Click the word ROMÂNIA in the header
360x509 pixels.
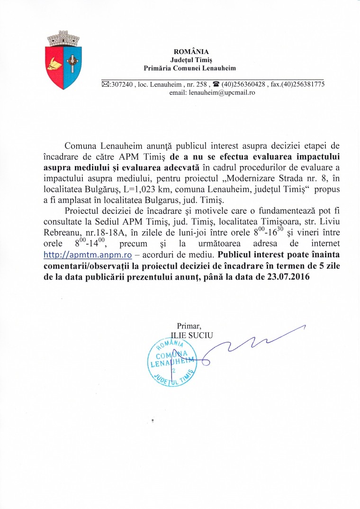click(191, 51)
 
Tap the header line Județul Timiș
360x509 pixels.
click(191, 60)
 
